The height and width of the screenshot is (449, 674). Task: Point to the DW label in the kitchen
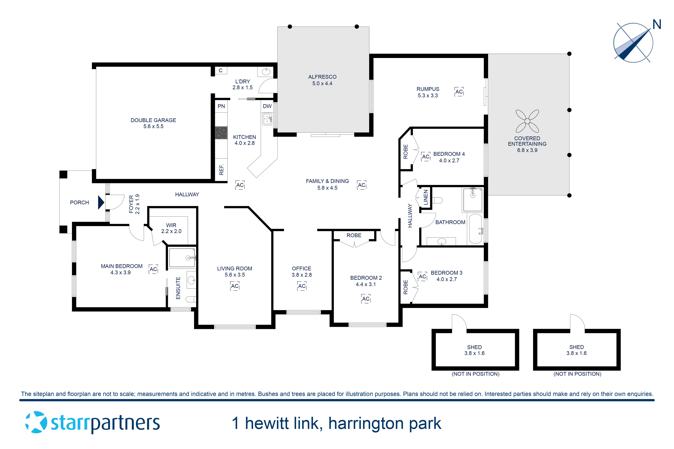click(x=267, y=106)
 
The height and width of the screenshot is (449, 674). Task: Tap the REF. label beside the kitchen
click(x=221, y=169)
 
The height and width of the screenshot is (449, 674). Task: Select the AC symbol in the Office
click(x=302, y=286)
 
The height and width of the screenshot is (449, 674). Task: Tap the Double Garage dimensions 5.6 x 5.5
click(x=153, y=126)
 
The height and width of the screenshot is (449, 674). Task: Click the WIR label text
click(x=171, y=225)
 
